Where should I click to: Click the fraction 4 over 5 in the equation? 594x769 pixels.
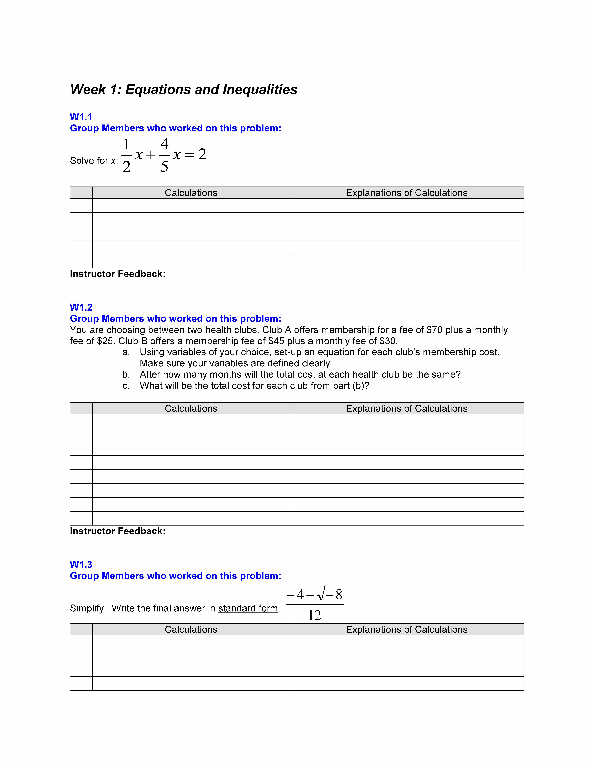(164, 155)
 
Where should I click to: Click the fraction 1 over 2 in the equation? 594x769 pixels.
(126, 155)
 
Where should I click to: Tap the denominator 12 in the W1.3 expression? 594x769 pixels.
(315, 616)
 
